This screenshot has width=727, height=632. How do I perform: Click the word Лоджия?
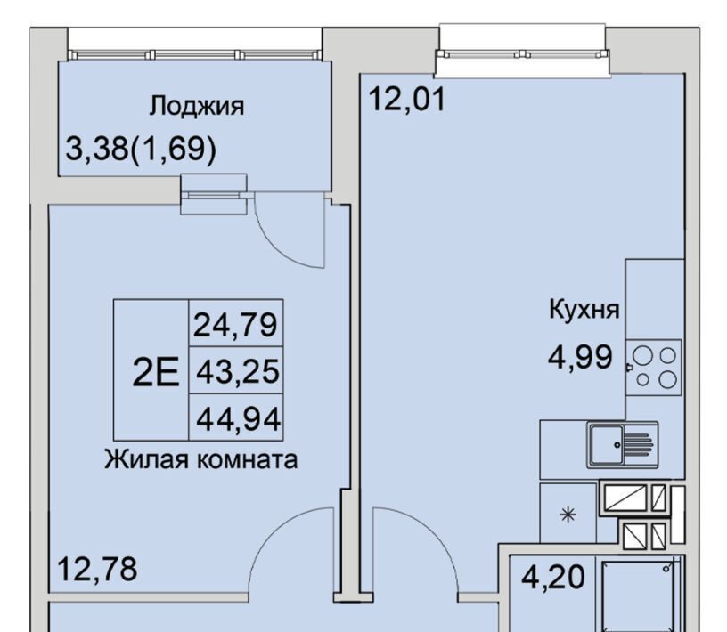click(x=196, y=107)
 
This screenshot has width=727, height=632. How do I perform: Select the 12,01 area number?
click(x=407, y=99)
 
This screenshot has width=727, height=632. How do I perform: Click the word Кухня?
click(x=584, y=309)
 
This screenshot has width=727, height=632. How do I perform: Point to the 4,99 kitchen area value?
click(x=581, y=357)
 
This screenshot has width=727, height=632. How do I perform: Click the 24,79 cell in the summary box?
click(x=235, y=324)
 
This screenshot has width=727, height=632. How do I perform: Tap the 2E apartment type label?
click(x=155, y=373)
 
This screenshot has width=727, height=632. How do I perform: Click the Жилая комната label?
click(x=200, y=460)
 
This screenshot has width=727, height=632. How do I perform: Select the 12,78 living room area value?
click(x=97, y=569)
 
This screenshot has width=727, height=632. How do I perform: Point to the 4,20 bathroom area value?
click(x=552, y=578)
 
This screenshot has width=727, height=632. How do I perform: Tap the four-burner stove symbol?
click(x=654, y=368)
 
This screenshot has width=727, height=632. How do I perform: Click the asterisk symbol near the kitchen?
click(x=568, y=515)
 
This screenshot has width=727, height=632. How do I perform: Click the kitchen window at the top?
click(x=521, y=54)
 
